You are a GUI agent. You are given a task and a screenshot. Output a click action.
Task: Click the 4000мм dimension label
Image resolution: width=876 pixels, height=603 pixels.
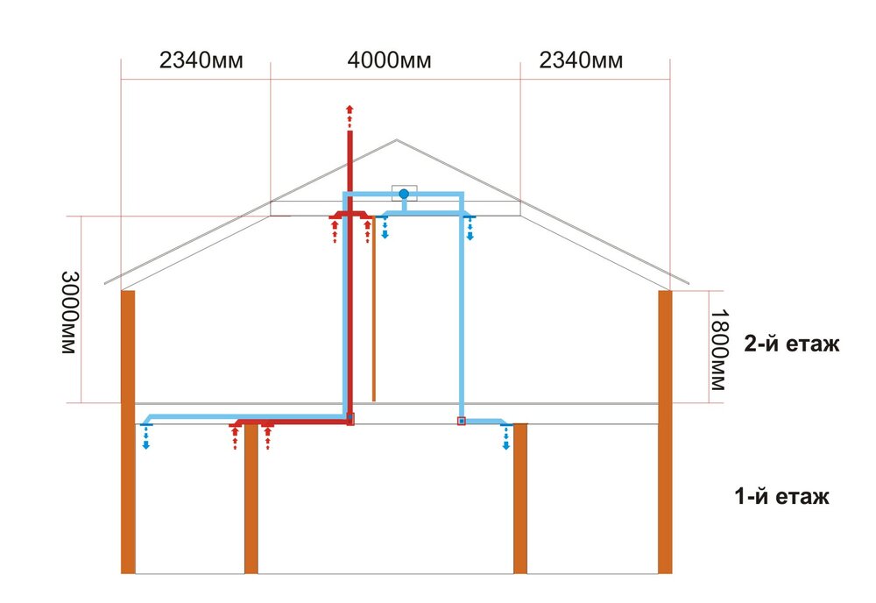coord(389,60)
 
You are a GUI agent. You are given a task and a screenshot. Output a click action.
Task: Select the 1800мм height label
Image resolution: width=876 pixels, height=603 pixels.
coord(719,350)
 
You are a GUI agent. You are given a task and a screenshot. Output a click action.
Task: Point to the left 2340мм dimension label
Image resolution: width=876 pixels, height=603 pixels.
coord(201,60)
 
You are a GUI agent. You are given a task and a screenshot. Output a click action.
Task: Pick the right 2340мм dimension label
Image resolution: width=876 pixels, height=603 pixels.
coord(581,60)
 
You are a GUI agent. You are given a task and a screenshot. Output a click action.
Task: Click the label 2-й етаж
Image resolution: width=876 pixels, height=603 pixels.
coord(791,344)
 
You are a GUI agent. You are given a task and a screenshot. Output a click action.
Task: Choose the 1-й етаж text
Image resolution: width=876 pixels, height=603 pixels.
coord(781,496)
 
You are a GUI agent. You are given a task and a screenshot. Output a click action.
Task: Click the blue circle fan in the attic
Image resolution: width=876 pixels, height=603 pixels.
coord(404,194)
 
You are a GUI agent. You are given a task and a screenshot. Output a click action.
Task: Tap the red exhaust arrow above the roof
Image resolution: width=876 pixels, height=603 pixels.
coord(350,116)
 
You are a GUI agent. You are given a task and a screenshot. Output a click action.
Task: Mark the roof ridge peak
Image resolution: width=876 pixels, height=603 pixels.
coord(397,139)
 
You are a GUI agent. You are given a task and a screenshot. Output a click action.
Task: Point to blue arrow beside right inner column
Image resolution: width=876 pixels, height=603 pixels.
coord(506,437)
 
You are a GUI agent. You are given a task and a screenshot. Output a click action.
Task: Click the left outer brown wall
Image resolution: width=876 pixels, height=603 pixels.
coord(128,432)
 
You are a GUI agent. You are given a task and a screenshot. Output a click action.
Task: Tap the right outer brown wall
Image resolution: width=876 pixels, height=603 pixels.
coord(665,432)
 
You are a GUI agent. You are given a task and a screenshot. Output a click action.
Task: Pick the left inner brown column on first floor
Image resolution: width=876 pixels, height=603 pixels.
coord(251,499)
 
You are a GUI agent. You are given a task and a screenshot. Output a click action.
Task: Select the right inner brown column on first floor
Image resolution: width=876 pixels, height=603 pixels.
coord(520,499)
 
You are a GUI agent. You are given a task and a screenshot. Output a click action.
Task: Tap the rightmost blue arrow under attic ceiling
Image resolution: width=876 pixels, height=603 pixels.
coord(470,229)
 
